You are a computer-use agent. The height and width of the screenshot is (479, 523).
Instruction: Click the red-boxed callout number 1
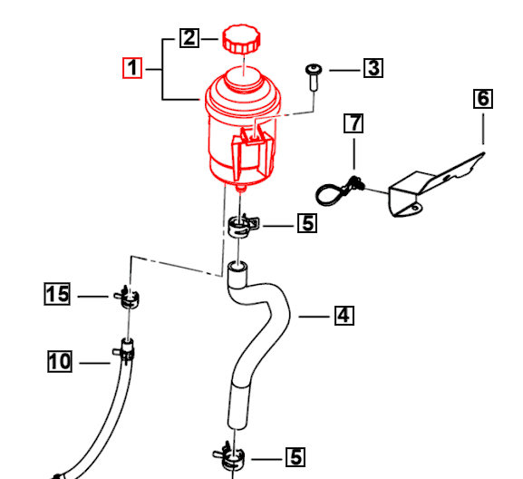[x=133, y=68]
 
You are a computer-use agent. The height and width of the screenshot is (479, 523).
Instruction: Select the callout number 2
[x=189, y=37]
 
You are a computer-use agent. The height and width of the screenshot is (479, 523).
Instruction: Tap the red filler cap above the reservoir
[x=241, y=41]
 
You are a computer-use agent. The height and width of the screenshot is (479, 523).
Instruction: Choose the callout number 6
[x=483, y=98]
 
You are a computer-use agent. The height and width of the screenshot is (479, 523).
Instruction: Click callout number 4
[x=344, y=316]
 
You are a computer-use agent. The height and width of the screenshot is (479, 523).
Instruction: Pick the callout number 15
[x=57, y=294]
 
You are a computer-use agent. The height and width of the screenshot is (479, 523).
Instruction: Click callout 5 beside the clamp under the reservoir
[x=308, y=222]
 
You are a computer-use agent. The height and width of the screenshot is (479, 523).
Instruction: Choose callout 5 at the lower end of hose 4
[x=295, y=458]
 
